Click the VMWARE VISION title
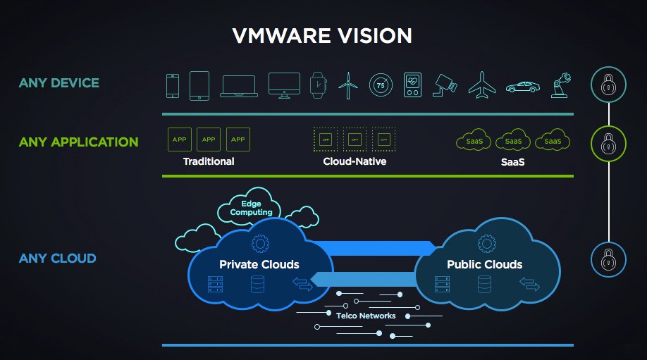[323, 36]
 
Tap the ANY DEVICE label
[59, 83]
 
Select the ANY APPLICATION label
[79, 142]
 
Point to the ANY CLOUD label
[58, 259]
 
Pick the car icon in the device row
[522, 86]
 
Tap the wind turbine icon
[347, 85]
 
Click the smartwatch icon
[318, 85]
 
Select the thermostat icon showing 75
[380, 85]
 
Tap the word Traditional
[209, 161]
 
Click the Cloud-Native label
[355, 161]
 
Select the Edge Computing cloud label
[251, 208]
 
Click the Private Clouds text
[259, 265]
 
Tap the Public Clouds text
[484, 265]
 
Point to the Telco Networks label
[366, 316]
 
